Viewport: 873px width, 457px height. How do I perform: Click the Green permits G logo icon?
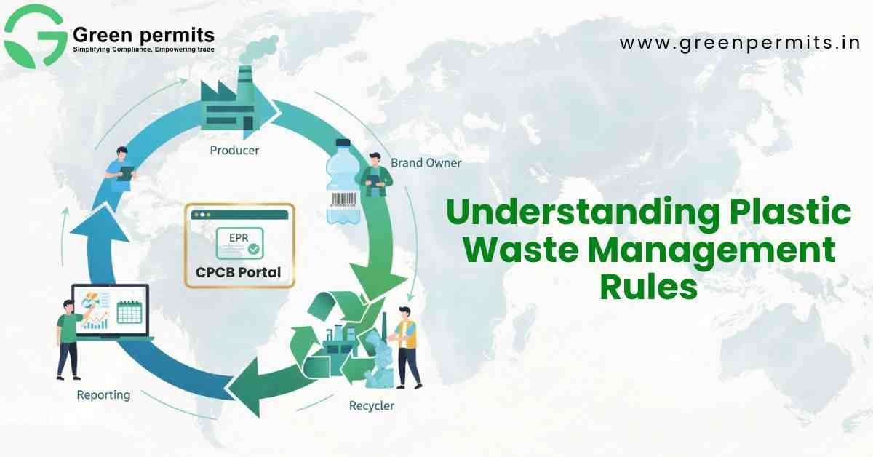click(x=34, y=37)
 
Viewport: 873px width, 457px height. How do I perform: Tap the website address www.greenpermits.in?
click(x=740, y=42)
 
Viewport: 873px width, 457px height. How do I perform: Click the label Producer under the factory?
click(x=234, y=150)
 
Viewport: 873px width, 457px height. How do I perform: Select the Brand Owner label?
click(x=426, y=162)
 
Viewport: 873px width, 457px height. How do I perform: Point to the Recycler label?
click(x=372, y=405)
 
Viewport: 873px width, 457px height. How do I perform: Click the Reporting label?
click(x=103, y=395)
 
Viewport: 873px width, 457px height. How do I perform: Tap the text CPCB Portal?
click(x=238, y=271)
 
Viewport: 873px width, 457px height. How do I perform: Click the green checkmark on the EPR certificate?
click(x=254, y=249)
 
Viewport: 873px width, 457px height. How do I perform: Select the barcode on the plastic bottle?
click(x=343, y=199)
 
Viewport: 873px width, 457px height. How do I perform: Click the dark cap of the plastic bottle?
click(x=343, y=143)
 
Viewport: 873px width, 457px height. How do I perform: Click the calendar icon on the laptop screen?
click(x=129, y=312)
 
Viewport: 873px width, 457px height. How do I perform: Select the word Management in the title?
click(x=711, y=252)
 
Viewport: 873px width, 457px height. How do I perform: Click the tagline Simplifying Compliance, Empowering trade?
click(x=144, y=49)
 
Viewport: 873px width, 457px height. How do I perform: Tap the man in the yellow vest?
click(x=407, y=348)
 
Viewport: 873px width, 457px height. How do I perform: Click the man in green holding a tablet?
click(x=375, y=175)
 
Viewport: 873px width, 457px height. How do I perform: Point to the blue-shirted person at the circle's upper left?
click(x=120, y=168)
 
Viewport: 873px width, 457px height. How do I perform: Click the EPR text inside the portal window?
click(x=239, y=237)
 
